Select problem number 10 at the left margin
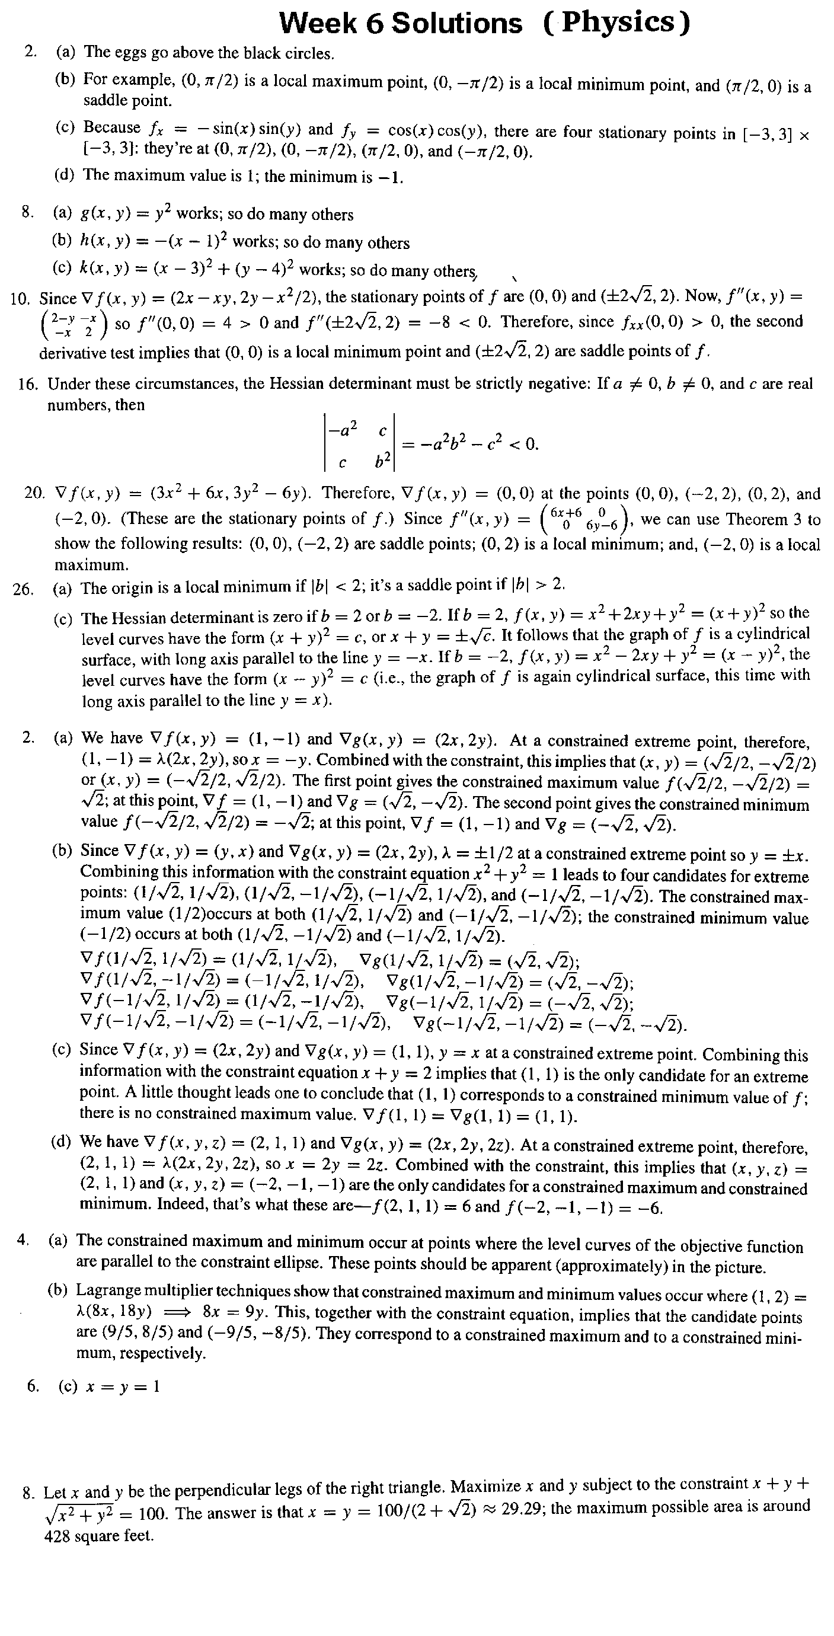point(21,299)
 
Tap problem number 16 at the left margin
point(28,384)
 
